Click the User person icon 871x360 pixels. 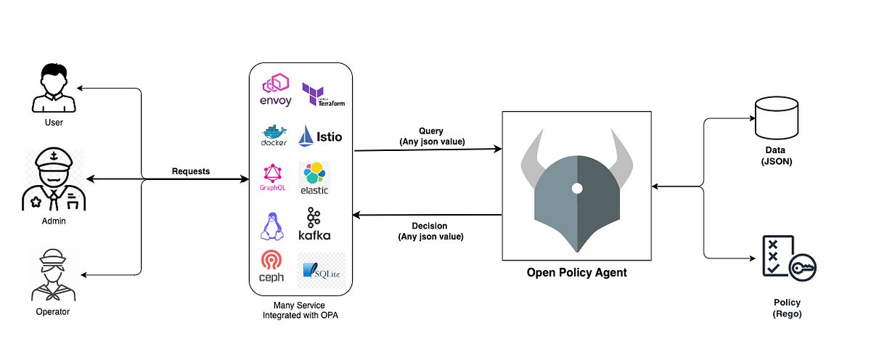54,89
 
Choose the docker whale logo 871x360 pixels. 274,135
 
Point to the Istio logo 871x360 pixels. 320,135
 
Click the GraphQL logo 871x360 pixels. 272,177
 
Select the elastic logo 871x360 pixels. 314,179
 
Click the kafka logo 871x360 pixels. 314,225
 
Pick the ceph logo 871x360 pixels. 271,267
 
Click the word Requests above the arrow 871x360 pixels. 191,171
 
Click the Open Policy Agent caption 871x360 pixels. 577,273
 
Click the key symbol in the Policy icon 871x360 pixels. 802,268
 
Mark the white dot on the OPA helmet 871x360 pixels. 576,188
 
